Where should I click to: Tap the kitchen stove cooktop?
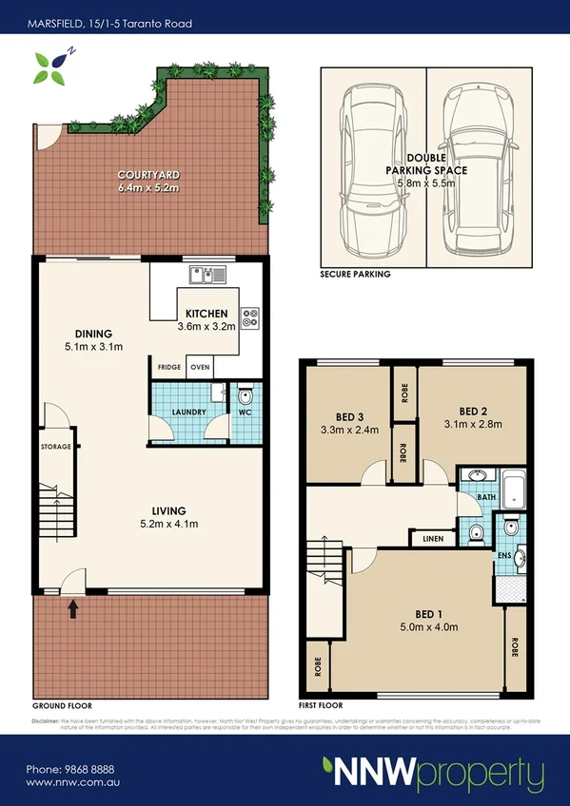click(x=252, y=318)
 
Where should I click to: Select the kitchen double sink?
click(x=207, y=275)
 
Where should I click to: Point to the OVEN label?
click(x=200, y=367)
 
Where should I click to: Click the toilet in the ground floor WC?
click(x=244, y=396)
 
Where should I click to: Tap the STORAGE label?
click(x=56, y=446)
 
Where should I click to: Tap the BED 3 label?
click(x=350, y=417)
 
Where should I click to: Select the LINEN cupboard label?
click(x=431, y=539)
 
